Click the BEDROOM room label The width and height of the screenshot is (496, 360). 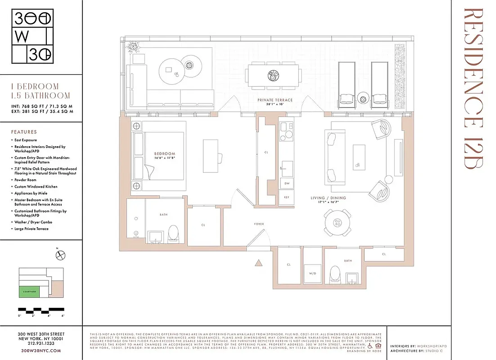(164, 154)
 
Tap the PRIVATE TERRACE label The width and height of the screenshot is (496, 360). (275, 100)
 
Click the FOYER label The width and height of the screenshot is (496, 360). (259, 224)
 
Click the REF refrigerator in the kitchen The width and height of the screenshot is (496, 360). (286, 197)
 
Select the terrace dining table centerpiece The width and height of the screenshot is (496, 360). (273, 76)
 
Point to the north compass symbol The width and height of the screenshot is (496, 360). (60, 255)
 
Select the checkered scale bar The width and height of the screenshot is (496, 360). (41, 310)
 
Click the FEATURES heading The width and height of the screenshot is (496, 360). (25, 132)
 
